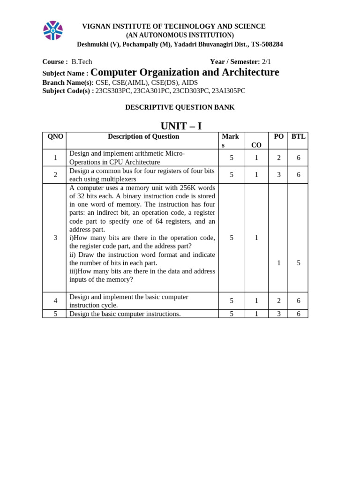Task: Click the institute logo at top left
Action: [x=53, y=30]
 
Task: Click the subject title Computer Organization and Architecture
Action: [x=185, y=72]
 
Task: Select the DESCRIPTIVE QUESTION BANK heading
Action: [x=180, y=107]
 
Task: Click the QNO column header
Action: [x=55, y=136]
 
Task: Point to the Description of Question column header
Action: [x=143, y=136]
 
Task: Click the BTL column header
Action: [x=298, y=136]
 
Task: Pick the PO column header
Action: [x=278, y=136]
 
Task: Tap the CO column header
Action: [x=256, y=145]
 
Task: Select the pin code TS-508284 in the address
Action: [x=267, y=45]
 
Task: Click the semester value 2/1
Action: [x=266, y=62]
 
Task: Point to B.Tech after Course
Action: [x=82, y=62]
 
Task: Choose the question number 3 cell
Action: [x=55, y=238]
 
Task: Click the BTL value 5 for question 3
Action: [x=298, y=263]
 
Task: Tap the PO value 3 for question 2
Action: [x=278, y=175]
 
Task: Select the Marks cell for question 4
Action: [x=232, y=301]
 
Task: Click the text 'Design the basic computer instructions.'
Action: [x=125, y=314]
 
